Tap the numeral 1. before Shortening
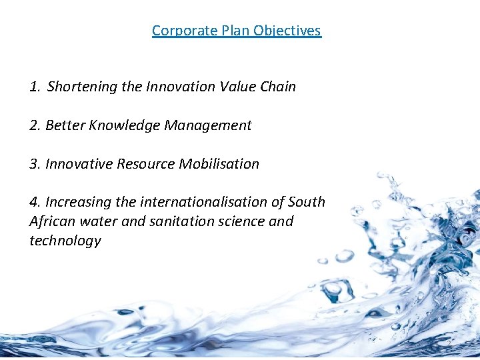click(35, 87)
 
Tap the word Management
click(209, 125)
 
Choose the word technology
click(65, 241)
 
